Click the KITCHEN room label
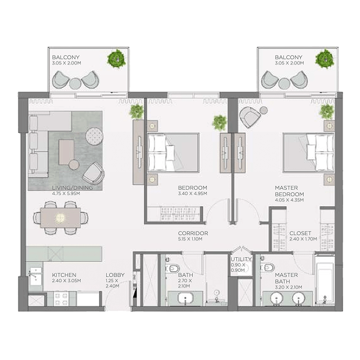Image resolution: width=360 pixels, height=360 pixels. [x=64, y=275]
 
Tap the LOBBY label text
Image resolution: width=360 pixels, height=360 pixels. [x=115, y=275]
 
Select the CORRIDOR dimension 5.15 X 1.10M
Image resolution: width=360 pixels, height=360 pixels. [x=190, y=239]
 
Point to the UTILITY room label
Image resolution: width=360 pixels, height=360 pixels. [x=241, y=259]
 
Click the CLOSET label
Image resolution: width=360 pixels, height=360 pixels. [x=300, y=233]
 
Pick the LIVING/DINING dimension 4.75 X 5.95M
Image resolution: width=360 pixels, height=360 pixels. [x=66, y=193]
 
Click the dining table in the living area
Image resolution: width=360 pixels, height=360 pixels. [x=60, y=218]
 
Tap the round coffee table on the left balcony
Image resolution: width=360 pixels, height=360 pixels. [x=75, y=84]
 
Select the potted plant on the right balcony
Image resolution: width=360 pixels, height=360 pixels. [x=325, y=59]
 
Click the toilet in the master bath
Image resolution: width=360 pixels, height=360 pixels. [x=267, y=268]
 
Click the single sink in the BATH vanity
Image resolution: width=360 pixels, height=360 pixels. [x=185, y=298]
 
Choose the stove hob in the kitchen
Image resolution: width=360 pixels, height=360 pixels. [x=62, y=298]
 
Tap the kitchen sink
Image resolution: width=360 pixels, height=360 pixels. [x=35, y=276]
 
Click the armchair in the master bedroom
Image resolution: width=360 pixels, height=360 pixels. [x=250, y=117]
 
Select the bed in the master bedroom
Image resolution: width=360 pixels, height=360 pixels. [x=308, y=153]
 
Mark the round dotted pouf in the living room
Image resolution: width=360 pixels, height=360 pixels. [x=95, y=136]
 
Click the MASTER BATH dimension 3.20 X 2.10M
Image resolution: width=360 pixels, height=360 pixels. [x=289, y=287]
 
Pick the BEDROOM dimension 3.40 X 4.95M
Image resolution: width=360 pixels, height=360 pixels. [x=192, y=193]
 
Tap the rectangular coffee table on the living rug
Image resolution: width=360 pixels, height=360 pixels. [x=66, y=152]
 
